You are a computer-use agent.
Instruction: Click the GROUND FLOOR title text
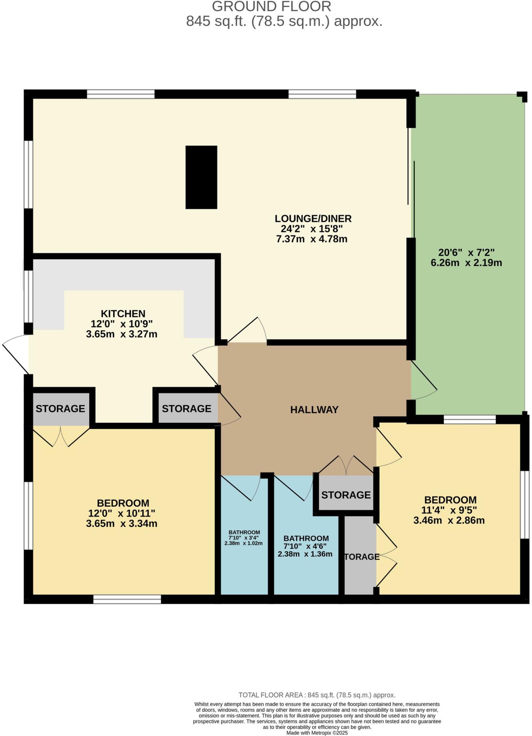pos(271,6)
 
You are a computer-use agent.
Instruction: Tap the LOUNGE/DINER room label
pos(313,218)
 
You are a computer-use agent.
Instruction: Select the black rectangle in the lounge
pos(201,177)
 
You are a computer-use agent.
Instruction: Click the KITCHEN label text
pos(123,313)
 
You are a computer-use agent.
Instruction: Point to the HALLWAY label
pos(314,410)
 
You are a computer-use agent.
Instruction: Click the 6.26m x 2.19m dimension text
pos(466,263)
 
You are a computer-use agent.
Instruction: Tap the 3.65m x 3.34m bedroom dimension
pos(122,524)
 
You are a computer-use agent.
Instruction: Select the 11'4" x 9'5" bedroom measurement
pos(449,510)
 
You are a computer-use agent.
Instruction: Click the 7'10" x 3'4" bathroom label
pos(244,538)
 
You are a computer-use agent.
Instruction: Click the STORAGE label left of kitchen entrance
pos(60,409)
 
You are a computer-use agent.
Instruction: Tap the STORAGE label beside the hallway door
pos(186,409)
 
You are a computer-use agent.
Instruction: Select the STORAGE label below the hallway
pos(346,495)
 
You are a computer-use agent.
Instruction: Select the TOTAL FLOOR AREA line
pos(317,695)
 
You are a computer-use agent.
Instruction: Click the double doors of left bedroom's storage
pos(61,436)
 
